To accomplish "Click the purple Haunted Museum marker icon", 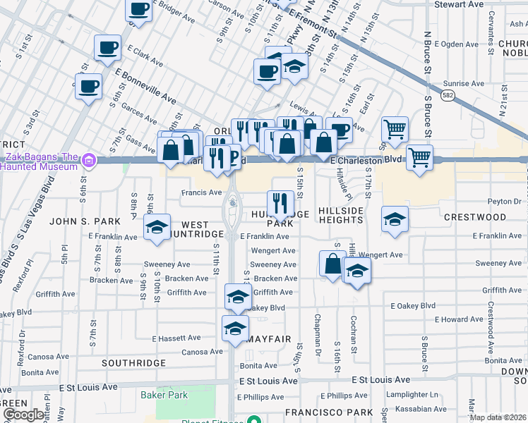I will tap(88, 161).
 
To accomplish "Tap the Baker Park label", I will tap(164, 395).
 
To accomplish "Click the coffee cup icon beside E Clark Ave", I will tap(107, 48).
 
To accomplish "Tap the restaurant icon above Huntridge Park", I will tap(280, 203).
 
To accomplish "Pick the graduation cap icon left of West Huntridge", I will tap(157, 227).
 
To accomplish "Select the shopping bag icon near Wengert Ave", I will tap(332, 264).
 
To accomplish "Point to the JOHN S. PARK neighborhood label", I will tap(77, 221).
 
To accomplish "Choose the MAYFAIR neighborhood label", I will tap(269, 339).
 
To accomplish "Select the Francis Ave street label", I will tap(201, 192).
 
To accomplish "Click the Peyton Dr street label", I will tap(507, 201).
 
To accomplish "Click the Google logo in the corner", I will tap(23, 415).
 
